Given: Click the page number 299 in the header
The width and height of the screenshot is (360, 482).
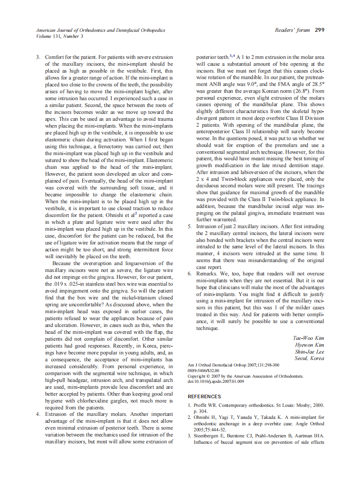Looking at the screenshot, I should click(x=319, y=30).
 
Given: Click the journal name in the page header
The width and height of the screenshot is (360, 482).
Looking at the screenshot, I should click(x=101, y=31).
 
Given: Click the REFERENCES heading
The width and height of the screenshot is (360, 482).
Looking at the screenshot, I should click(x=204, y=397).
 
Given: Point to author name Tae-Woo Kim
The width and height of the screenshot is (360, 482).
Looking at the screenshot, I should click(x=308, y=338).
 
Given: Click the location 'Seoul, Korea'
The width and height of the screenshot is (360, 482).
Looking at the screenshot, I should click(x=309, y=358).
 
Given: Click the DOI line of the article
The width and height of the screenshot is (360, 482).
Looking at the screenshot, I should click(x=216, y=381).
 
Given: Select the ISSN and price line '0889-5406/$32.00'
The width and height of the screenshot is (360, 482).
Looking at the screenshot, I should click(x=204, y=370).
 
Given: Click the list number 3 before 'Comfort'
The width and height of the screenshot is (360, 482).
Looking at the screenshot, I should click(x=38, y=57).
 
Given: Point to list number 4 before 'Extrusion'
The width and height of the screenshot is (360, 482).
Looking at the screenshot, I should click(x=38, y=415).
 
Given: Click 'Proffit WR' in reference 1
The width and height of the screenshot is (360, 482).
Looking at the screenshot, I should click(x=207, y=406).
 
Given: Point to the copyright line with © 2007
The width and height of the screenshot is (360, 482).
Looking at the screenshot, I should click(x=246, y=376).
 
